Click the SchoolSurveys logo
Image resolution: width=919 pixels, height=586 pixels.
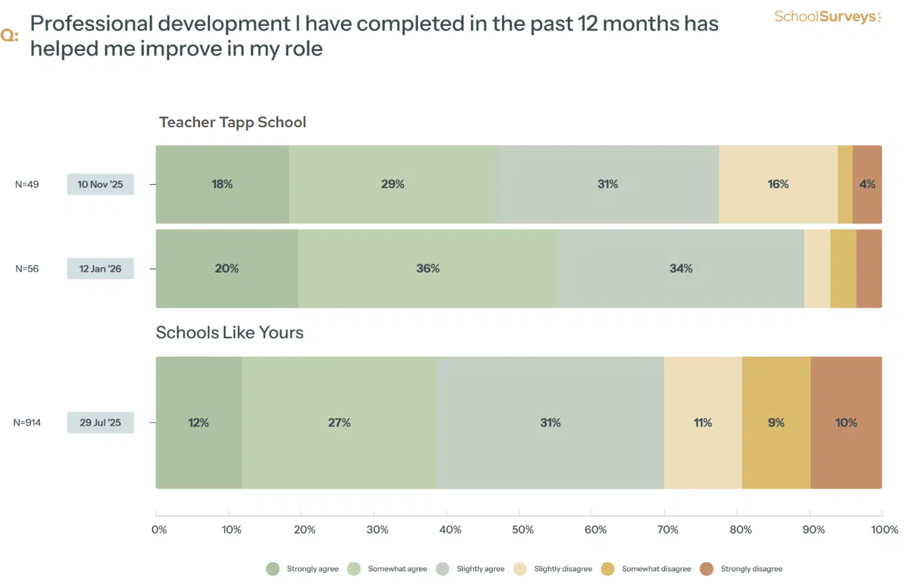pyautogui.click(x=828, y=17)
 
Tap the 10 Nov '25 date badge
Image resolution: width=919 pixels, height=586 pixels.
pyautogui.click(x=100, y=184)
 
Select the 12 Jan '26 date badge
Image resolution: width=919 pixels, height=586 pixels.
pyautogui.click(x=100, y=268)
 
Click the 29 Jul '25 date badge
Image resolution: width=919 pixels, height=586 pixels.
pyautogui.click(x=100, y=422)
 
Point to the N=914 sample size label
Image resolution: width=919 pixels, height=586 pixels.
pyautogui.click(x=27, y=422)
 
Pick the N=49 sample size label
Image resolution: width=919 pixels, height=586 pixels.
pyautogui.click(x=27, y=184)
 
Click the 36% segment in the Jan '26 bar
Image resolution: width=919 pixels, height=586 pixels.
pyautogui.click(x=428, y=268)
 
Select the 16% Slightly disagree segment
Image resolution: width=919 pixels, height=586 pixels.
pyautogui.click(x=778, y=184)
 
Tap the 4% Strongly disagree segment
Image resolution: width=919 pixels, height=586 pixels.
pyautogui.click(x=867, y=184)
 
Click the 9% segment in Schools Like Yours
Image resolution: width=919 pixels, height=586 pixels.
pyautogui.click(x=776, y=422)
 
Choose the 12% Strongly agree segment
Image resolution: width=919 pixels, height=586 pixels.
pyautogui.click(x=199, y=422)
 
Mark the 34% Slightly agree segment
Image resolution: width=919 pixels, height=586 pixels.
pyautogui.click(x=680, y=268)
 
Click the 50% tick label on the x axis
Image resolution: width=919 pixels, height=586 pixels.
pyautogui.click(x=523, y=530)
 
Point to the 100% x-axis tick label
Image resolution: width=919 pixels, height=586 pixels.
pyautogui.click(x=885, y=530)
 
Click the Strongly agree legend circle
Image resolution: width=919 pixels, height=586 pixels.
pyautogui.click(x=272, y=569)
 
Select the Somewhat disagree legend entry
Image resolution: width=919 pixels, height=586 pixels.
pyautogui.click(x=656, y=569)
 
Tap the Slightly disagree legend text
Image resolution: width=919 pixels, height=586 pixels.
pyautogui.click(x=563, y=569)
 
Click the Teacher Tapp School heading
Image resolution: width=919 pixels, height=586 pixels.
pyautogui.click(x=233, y=122)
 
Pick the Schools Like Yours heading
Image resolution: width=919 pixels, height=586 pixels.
pyautogui.click(x=229, y=332)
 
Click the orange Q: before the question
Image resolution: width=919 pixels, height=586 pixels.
pyautogui.click(x=9, y=35)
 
